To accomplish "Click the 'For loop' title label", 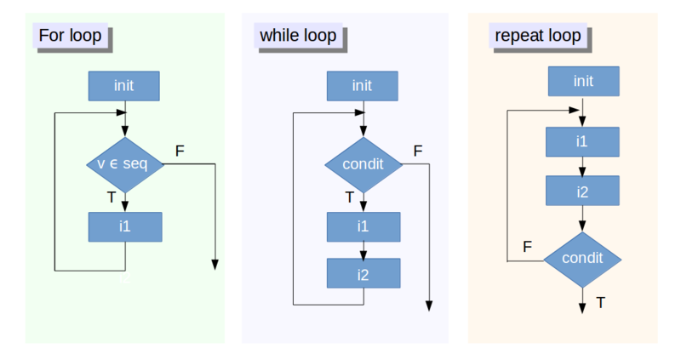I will coord(71,36).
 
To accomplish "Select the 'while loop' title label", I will coord(297,36).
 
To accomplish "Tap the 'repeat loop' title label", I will coord(538,36).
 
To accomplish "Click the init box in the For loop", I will coord(124,85).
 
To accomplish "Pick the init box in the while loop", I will coord(363,85).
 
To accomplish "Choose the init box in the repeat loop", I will coord(583,81).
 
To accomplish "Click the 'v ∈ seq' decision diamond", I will coord(124,164).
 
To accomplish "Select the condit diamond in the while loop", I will coord(363,164).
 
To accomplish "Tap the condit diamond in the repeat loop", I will coord(583,258).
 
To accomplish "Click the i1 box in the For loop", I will coord(124,227).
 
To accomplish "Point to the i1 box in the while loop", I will coord(363,227).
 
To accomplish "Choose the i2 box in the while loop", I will coord(363,273).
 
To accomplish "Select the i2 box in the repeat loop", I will coord(583,192).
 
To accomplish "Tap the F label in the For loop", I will coord(180,151).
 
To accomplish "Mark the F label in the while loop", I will coord(417,151).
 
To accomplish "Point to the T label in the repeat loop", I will coord(601,302).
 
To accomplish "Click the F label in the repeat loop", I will coord(528,246).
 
